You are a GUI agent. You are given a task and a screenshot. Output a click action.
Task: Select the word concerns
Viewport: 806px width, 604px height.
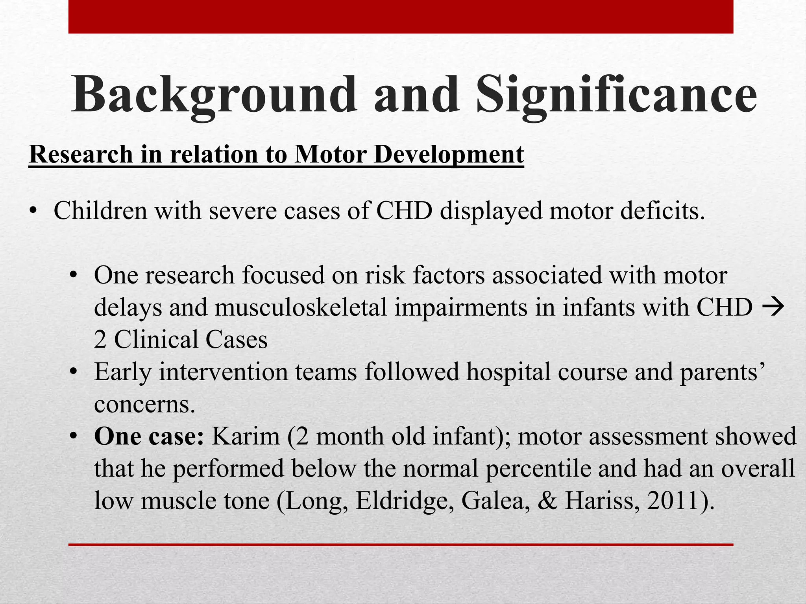click(x=144, y=404)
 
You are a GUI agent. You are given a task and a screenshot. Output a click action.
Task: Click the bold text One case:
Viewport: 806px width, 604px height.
click(x=149, y=436)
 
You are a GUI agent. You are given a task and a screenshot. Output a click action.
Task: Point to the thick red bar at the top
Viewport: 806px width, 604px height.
click(x=401, y=17)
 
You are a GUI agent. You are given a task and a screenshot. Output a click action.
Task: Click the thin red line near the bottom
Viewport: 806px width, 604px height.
click(x=401, y=545)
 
